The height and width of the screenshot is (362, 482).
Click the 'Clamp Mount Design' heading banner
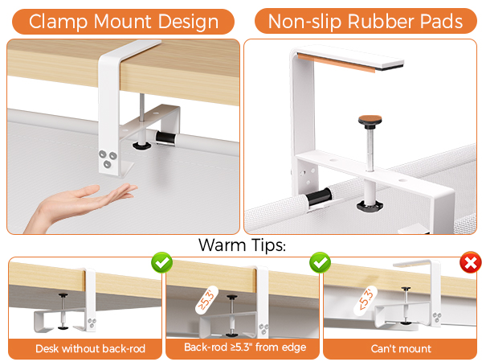[122, 21]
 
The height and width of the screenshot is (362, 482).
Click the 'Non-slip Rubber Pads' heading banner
[366, 21]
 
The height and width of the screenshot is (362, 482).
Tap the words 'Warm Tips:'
[241, 245]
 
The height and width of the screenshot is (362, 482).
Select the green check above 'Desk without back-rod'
[161, 263]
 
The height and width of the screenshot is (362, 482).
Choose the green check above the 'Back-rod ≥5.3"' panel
[319, 263]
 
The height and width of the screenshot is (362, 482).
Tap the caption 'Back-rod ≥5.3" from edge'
[241, 349]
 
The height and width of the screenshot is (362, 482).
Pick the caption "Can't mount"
[400, 349]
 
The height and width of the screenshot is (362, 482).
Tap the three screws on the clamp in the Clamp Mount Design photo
[107, 158]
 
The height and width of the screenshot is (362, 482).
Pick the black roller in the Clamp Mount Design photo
[165, 139]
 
